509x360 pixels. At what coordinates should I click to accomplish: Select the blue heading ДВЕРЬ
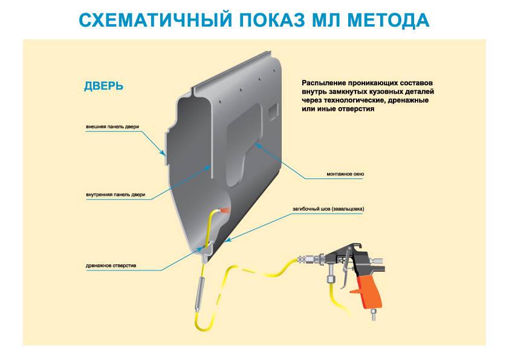pos(104,86)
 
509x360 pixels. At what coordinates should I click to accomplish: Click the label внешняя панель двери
pos(112,127)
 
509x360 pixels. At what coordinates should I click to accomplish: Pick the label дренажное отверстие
pos(111,266)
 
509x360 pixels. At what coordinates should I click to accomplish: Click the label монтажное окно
pos(345,174)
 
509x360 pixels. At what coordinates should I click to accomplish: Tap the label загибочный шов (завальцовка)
pos(329,209)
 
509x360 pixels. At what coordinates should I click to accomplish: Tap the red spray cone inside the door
pos(225,209)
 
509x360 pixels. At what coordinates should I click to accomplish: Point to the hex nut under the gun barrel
pos(331,280)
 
